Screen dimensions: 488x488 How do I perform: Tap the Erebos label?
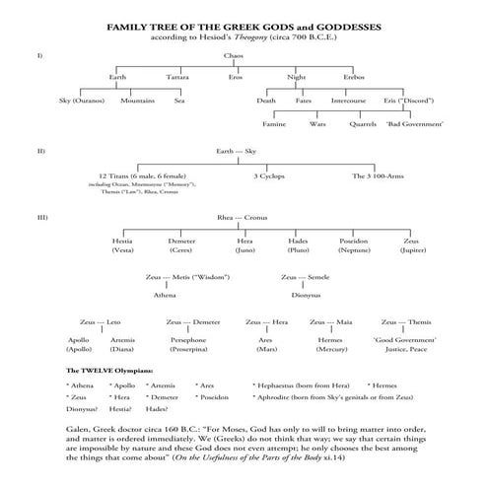click(353, 77)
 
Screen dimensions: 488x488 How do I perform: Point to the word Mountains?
click(137, 101)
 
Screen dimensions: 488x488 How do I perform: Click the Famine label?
click(273, 124)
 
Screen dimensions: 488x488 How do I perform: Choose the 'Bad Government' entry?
click(414, 124)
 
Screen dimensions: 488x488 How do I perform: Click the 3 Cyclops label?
click(269, 174)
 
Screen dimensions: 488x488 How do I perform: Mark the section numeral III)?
click(40, 216)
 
